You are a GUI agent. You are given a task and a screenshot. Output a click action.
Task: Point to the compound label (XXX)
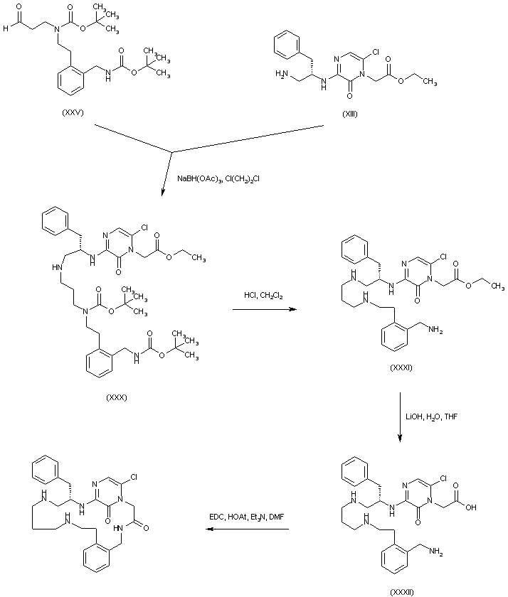tap(115, 397)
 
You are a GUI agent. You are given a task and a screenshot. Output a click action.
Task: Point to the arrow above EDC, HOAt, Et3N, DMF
tap(244, 530)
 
